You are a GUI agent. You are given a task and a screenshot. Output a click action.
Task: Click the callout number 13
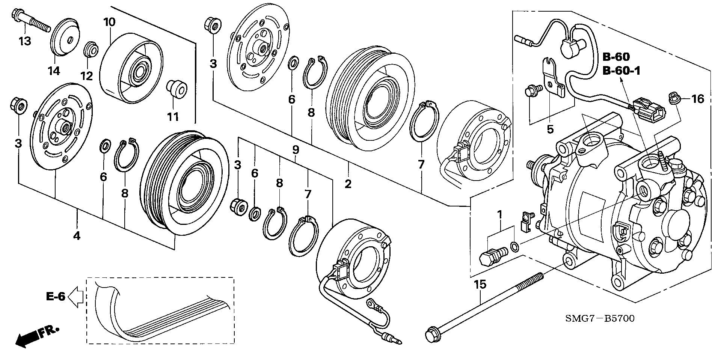(25, 41)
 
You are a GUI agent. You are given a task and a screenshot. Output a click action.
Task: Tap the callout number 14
(54, 71)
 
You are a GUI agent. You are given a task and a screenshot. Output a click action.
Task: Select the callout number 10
(109, 22)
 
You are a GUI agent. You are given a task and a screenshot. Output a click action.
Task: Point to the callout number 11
(173, 117)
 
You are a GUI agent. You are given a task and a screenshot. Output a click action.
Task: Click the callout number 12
(87, 76)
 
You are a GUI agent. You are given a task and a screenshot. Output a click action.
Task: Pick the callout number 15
(480, 284)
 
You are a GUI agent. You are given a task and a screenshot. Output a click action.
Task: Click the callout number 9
(296, 150)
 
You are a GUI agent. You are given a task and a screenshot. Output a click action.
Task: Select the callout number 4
(77, 236)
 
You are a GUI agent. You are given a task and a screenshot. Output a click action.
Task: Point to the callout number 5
(550, 130)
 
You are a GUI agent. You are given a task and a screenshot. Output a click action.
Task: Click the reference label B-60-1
(621, 70)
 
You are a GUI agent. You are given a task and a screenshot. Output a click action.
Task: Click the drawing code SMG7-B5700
(599, 319)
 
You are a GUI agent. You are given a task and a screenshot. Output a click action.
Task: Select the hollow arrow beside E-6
(76, 297)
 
